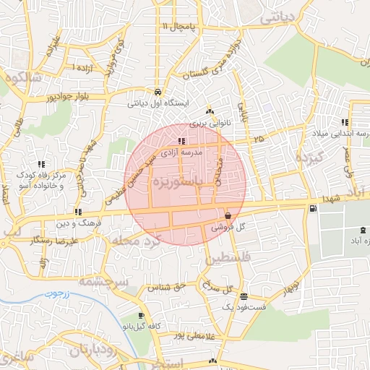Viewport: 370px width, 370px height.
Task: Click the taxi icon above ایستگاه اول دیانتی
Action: point(158,92)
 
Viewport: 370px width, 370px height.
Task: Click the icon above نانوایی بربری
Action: point(210,111)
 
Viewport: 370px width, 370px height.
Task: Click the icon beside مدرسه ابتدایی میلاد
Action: point(345,123)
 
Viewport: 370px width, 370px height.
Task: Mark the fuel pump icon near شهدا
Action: point(312,208)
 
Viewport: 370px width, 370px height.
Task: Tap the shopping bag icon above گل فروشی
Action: point(228,215)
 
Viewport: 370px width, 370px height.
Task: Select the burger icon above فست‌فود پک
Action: point(244,296)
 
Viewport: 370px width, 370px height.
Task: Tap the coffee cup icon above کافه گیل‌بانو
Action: point(141,316)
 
